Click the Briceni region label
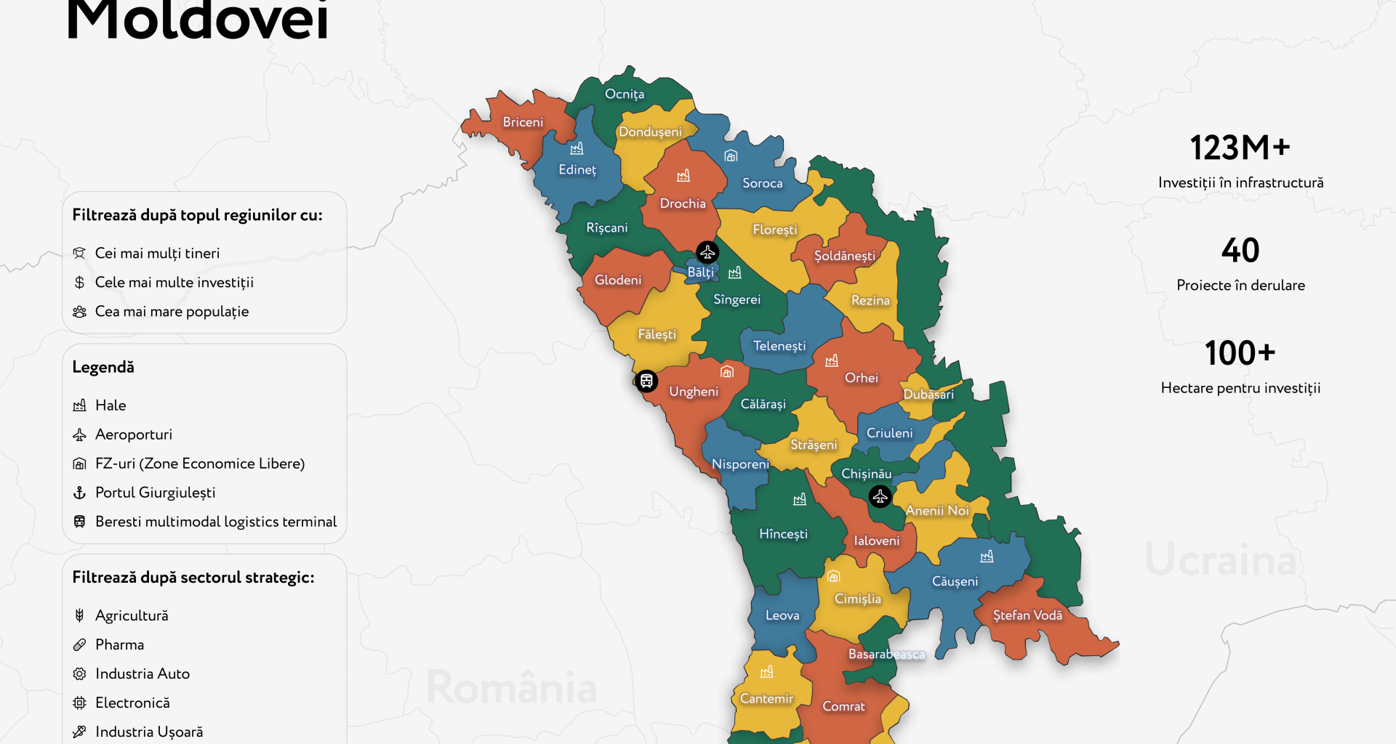pyautogui.click(x=523, y=122)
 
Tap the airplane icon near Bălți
pyautogui.click(x=707, y=252)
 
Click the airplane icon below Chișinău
pyautogui.click(x=880, y=497)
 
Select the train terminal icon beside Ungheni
pyautogui.click(x=646, y=381)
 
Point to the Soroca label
pyautogui.click(x=762, y=183)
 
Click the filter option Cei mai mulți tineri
pyautogui.click(x=157, y=253)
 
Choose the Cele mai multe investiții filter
pyautogui.click(x=174, y=282)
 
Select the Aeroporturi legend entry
pyautogui.click(x=134, y=434)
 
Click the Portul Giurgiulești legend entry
pyautogui.click(x=155, y=493)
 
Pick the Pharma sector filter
pyautogui.click(x=119, y=644)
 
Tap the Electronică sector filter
pyautogui.click(x=132, y=703)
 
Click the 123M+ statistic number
pyautogui.click(x=1240, y=147)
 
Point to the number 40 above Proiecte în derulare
pyautogui.click(x=1240, y=251)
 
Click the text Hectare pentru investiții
pyautogui.click(x=1240, y=388)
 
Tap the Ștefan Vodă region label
pyautogui.click(x=1027, y=615)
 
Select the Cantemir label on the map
pyautogui.click(x=766, y=698)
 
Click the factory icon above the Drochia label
pyautogui.click(x=683, y=176)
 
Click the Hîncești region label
pyautogui.click(x=783, y=534)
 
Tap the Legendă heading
pyautogui.click(x=103, y=367)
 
